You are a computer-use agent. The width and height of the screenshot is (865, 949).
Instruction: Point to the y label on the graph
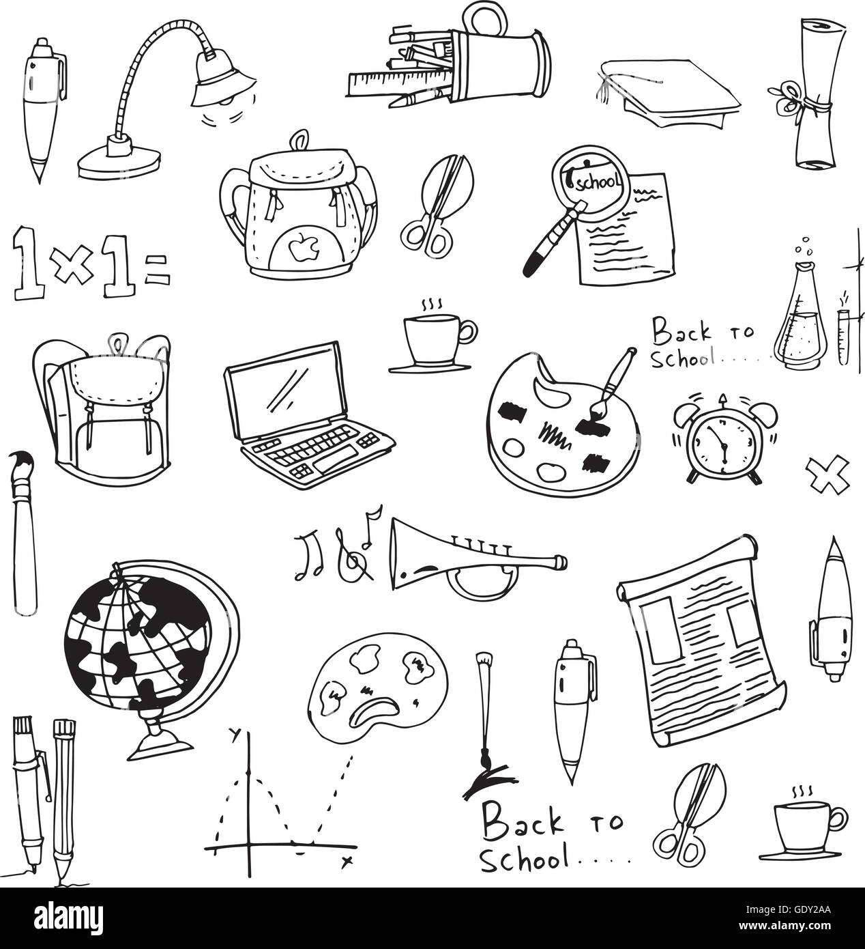click(x=236, y=734)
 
